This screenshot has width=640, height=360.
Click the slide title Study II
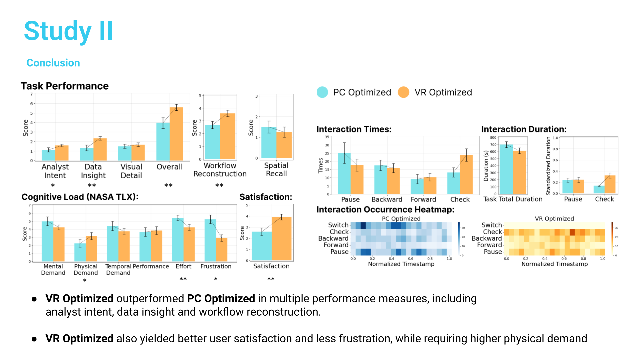(x=68, y=31)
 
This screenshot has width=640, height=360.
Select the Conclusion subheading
(x=53, y=63)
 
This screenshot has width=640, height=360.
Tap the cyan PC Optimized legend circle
(x=322, y=92)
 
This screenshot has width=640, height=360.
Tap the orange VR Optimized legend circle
(x=404, y=92)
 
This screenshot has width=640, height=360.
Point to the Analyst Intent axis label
(x=55, y=171)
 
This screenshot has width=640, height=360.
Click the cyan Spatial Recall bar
(x=269, y=142)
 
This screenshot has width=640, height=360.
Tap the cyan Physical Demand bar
(x=80, y=252)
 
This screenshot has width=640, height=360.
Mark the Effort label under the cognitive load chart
(x=183, y=266)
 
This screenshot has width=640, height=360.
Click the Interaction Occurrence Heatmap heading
(x=385, y=209)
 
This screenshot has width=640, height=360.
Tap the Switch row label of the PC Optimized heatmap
(x=338, y=225)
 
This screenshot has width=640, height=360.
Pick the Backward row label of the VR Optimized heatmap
(x=486, y=238)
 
